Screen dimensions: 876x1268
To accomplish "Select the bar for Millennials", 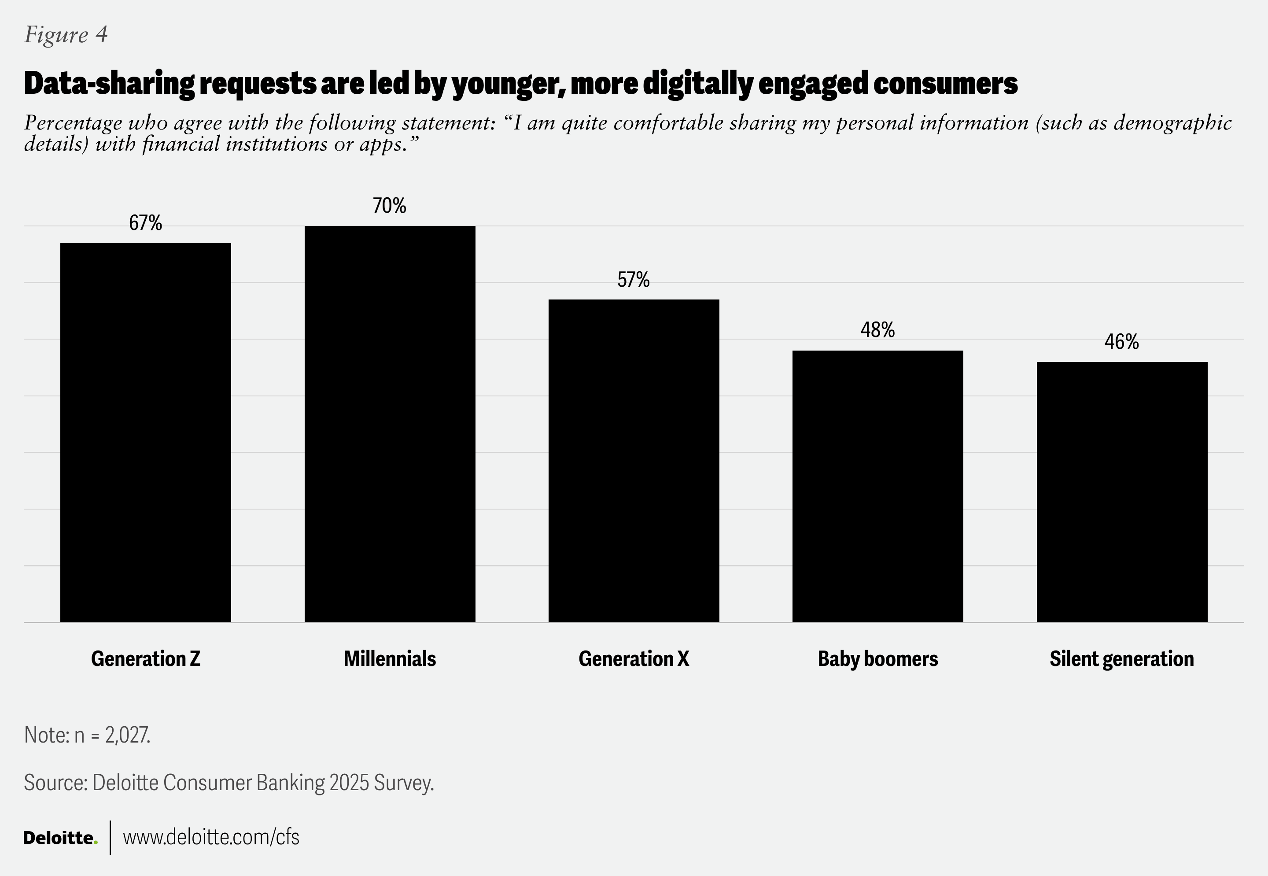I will click(x=390, y=423).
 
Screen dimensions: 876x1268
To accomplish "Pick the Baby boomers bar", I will click(x=877, y=486).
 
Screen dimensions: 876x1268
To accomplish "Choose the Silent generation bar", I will click(x=1121, y=491).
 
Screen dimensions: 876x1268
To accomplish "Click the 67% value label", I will click(x=145, y=223).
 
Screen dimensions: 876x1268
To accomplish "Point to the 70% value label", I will click(x=390, y=206).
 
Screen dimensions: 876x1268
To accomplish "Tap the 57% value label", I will click(x=634, y=280).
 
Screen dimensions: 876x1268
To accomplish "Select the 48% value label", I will click(x=877, y=330).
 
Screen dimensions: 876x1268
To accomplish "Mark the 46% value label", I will click(x=1121, y=342).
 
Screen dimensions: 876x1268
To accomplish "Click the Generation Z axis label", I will click(x=145, y=658).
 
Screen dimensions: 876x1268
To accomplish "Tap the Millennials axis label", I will click(x=390, y=658).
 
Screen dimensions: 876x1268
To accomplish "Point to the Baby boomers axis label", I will click(x=877, y=658).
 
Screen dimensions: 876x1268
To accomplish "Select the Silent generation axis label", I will click(x=1121, y=658).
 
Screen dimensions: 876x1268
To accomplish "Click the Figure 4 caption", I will click(x=66, y=35).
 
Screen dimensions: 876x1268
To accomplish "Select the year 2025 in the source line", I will click(x=349, y=783).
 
